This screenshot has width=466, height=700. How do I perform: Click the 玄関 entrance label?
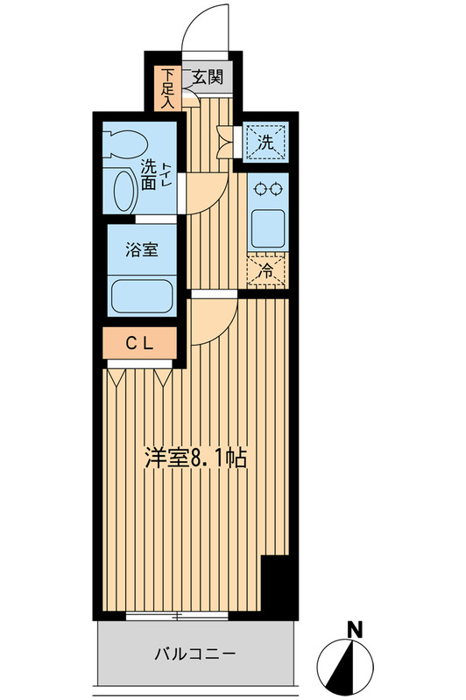208,78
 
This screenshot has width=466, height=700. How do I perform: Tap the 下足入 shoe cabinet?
167,88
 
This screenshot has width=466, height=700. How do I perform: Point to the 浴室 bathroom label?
142,249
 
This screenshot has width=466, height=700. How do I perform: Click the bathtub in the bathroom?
142,297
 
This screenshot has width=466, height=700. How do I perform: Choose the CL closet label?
139,343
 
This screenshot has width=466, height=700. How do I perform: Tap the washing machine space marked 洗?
265,142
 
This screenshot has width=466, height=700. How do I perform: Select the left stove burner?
258,189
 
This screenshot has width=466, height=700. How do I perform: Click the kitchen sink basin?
268,228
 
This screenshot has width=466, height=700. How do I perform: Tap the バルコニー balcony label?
195,654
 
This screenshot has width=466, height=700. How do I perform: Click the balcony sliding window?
177,616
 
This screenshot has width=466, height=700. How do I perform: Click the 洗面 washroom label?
149,176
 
